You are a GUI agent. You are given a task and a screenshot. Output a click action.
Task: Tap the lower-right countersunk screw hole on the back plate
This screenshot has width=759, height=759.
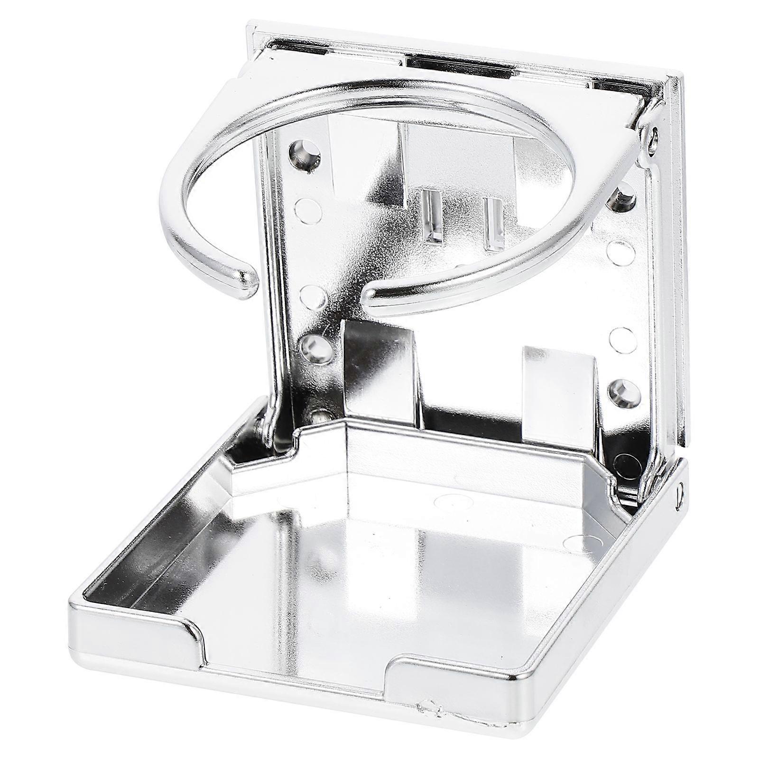[620, 391]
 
